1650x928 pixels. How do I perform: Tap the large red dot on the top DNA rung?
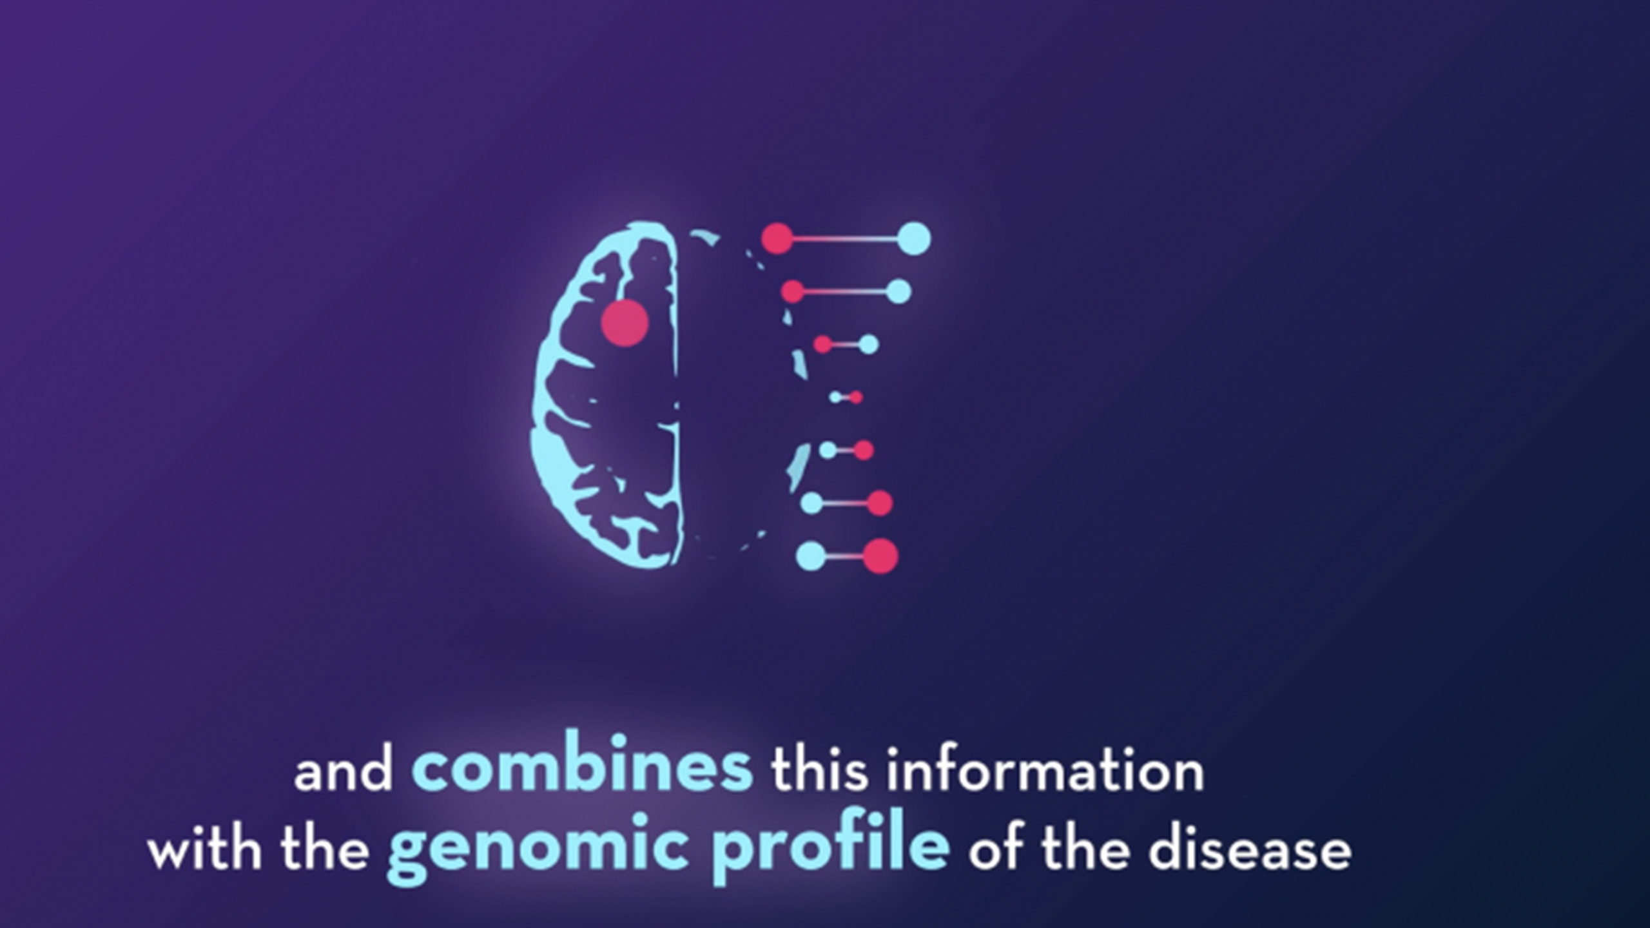pyautogui.click(x=777, y=238)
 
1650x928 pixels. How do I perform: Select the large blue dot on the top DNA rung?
pyautogui.click(x=914, y=238)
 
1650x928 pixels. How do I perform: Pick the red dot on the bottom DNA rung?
pyautogui.click(x=880, y=556)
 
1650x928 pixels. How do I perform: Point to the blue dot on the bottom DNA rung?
pyautogui.click(x=811, y=556)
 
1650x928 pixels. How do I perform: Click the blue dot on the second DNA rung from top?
pyautogui.click(x=897, y=292)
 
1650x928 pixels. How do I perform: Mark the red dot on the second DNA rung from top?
pyautogui.click(x=792, y=292)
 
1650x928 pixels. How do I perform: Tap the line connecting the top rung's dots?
pyautogui.click(x=845, y=238)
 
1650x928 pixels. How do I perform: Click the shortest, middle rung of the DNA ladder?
pyautogui.click(x=846, y=397)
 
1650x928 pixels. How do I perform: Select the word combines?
pyautogui.click(x=582, y=769)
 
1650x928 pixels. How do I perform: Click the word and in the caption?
pyautogui.click(x=344, y=771)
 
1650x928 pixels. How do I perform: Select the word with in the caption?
pyautogui.click(x=205, y=848)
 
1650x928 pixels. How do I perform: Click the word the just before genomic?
pyautogui.click(x=324, y=848)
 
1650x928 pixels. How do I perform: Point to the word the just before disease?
pyautogui.click(x=1087, y=848)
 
